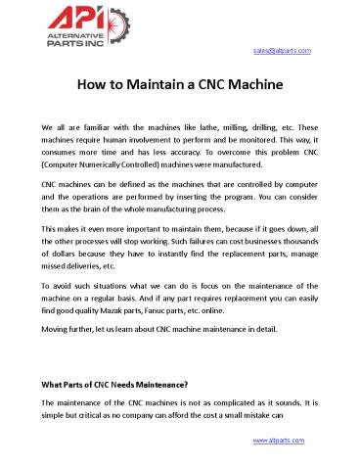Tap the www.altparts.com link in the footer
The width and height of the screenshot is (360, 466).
coord(281,442)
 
